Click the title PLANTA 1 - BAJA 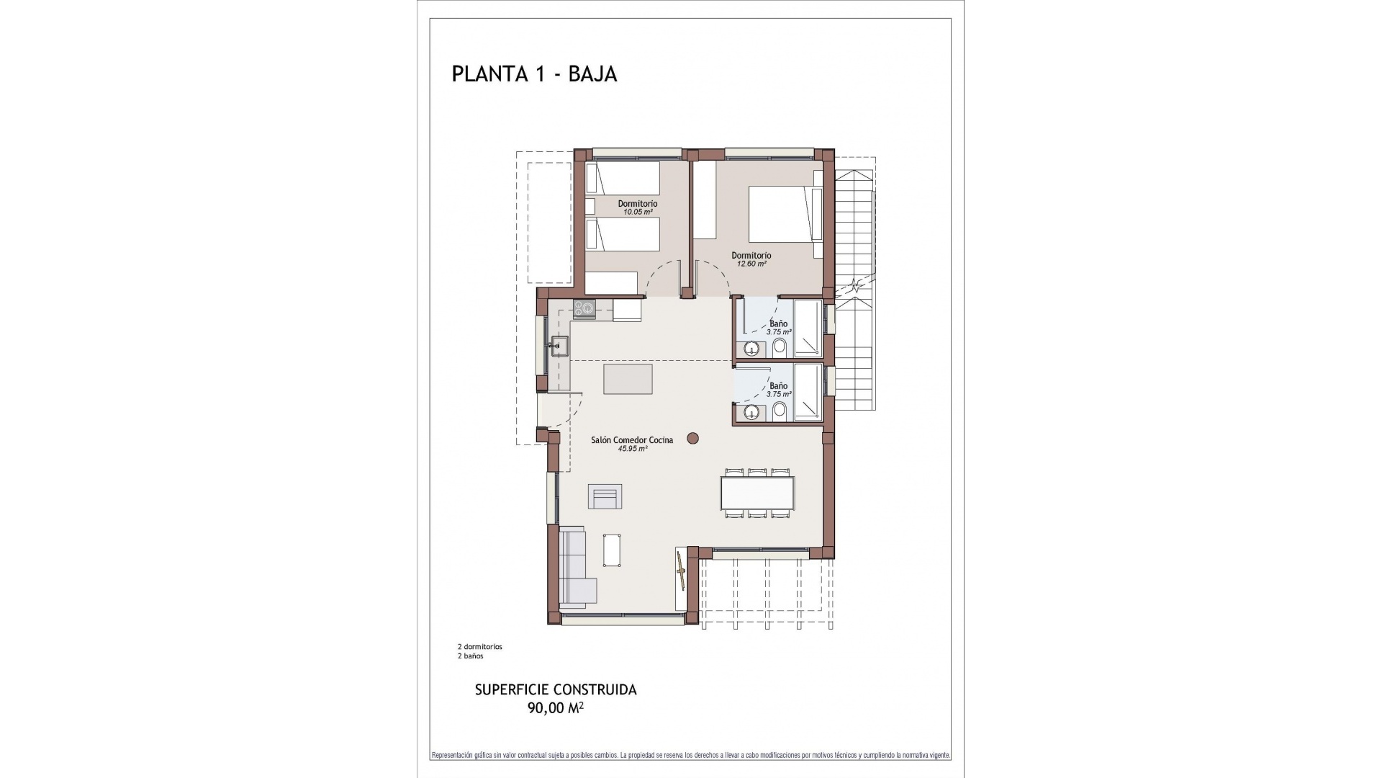click(x=534, y=74)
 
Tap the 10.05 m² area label click(x=638, y=213)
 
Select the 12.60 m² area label click(x=751, y=264)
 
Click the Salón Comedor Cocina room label click(x=632, y=440)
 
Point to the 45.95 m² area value click(x=633, y=449)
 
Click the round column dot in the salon click(x=692, y=437)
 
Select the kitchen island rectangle click(x=628, y=379)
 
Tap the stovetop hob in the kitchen click(x=584, y=310)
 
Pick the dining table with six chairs click(x=759, y=493)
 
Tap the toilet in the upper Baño click(x=779, y=349)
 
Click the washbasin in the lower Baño click(x=752, y=413)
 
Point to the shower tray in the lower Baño click(x=807, y=392)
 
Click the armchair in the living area click(x=605, y=496)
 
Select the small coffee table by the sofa click(x=613, y=551)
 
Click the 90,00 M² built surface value click(x=555, y=708)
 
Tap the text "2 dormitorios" click(x=479, y=647)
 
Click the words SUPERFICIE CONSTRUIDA click(x=556, y=690)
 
